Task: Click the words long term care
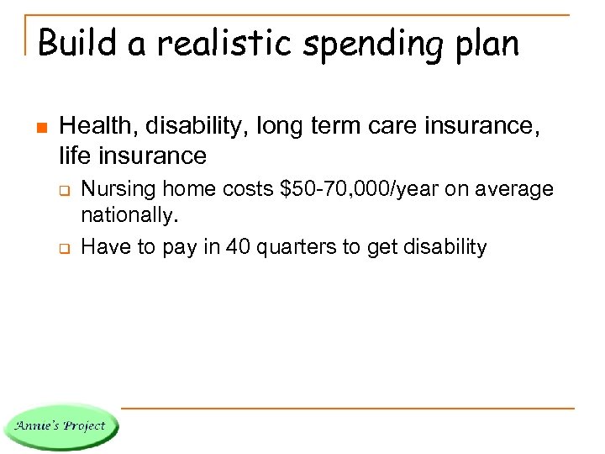[x=328, y=129]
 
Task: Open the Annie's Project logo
[x=60, y=425]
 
